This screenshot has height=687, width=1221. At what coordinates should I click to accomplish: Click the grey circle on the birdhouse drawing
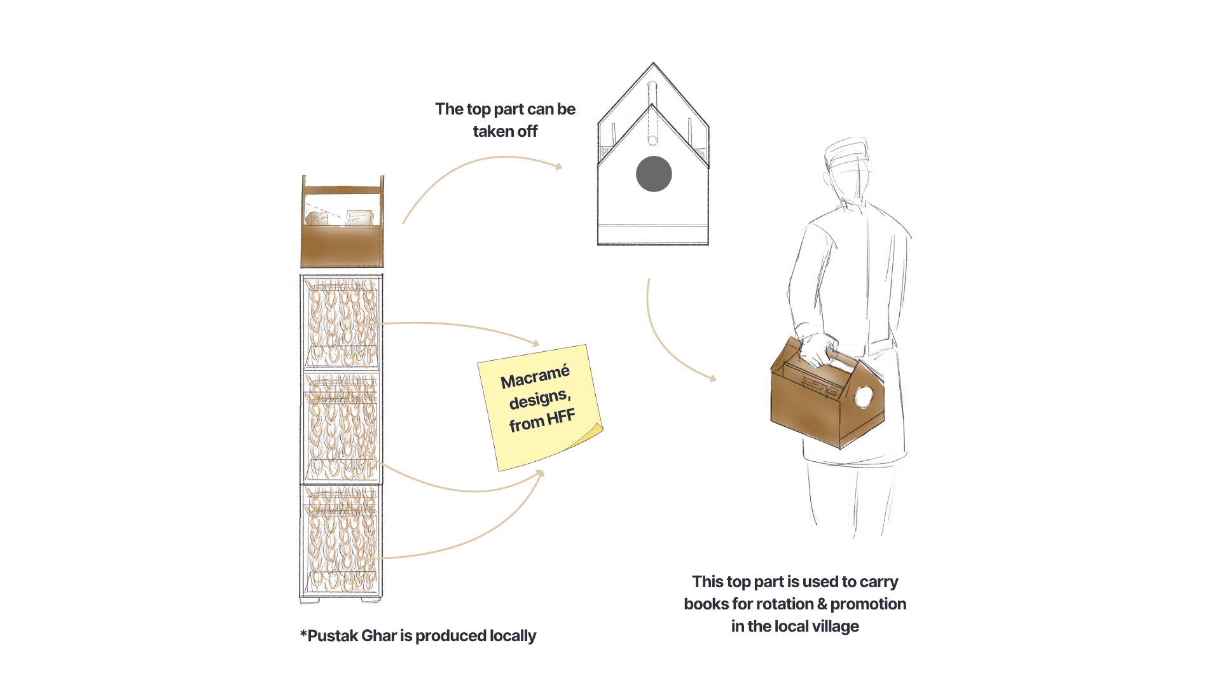tap(654, 174)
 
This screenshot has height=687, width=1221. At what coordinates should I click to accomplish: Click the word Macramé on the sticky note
tap(535, 377)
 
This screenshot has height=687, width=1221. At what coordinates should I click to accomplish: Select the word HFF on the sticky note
tap(561, 418)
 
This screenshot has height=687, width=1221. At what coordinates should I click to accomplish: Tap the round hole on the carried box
tap(864, 397)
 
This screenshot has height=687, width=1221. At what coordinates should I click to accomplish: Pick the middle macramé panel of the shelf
tap(342, 427)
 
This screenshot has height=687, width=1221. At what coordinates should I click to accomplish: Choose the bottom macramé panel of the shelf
tap(342, 541)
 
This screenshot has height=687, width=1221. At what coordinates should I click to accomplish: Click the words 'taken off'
tap(505, 132)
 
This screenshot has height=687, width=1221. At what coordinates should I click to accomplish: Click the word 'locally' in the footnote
tap(511, 636)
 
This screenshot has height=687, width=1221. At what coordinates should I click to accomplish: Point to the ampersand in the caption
tap(822, 604)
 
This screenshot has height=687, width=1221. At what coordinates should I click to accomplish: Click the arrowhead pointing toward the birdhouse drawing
tap(559, 167)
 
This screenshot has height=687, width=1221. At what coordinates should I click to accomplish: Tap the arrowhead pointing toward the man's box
tap(713, 378)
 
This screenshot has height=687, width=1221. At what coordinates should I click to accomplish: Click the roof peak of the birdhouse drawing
tap(653, 64)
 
